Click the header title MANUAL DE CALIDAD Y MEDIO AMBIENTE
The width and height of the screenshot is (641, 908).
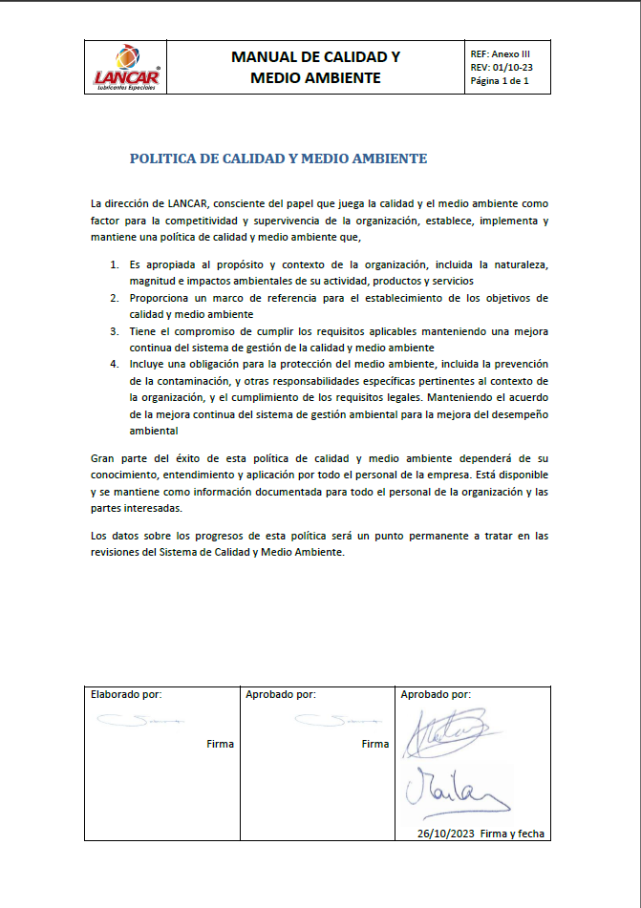point(315,67)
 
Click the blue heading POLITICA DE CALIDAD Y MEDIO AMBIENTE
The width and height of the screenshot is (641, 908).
point(278,158)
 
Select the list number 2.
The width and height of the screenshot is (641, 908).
point(113,298)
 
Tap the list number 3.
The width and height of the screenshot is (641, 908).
point(113,331)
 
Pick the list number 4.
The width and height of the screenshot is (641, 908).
point(113,365)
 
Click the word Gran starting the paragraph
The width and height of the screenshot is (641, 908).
point(102,457)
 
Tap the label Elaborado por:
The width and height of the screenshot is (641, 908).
point(125,695)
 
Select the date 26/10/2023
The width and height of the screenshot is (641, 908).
point(446,834)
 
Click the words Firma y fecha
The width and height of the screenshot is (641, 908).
point(513,834)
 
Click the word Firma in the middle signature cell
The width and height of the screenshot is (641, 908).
point(375,744)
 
